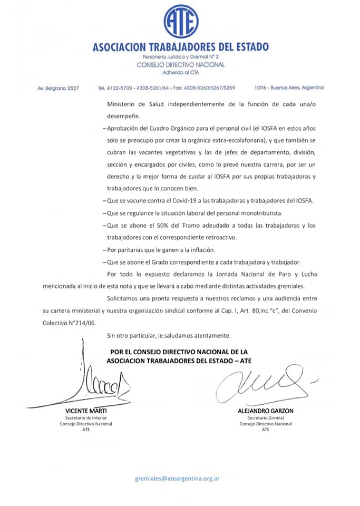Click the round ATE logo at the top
click(x=181, y=22)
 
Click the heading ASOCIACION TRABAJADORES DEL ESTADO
click(x=180, y=47)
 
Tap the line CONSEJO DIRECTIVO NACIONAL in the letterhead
click(x=180, y=64)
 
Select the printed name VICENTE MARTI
click(x=86, y=411)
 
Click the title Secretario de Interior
click(x=86, y=418)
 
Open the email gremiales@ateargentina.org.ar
click(x=177, y=479)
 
